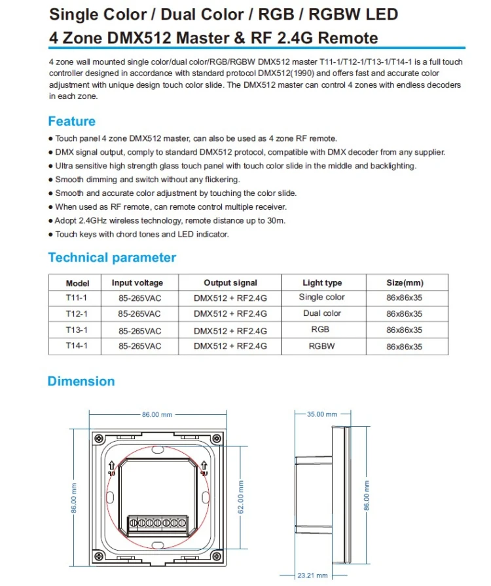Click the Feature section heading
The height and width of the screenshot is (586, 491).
72,121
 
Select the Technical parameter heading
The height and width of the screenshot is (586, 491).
112,258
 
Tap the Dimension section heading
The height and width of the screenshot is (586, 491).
81,381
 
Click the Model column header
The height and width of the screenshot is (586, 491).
77,283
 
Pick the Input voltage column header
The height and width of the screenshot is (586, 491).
137,283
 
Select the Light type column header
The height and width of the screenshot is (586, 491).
322,283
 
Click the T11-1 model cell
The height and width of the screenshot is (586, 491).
77,298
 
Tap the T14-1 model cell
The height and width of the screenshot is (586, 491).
77,347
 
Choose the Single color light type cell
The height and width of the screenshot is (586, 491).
322,298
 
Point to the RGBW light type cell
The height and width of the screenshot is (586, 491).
322,346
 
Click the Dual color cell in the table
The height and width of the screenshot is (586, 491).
322,314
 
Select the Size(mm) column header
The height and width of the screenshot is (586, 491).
405,283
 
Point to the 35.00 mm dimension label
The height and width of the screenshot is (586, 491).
322,414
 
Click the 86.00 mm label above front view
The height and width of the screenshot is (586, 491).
157,414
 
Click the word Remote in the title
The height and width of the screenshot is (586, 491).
346,37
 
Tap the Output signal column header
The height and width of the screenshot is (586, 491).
230,283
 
